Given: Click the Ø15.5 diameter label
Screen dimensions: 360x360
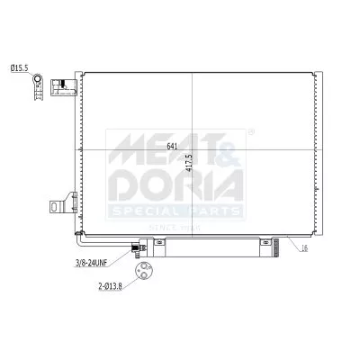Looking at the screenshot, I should pos(18,67).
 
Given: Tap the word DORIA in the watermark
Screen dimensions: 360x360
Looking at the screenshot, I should pos(175,184).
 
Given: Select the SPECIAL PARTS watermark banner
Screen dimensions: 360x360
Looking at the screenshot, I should pos(175,211).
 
